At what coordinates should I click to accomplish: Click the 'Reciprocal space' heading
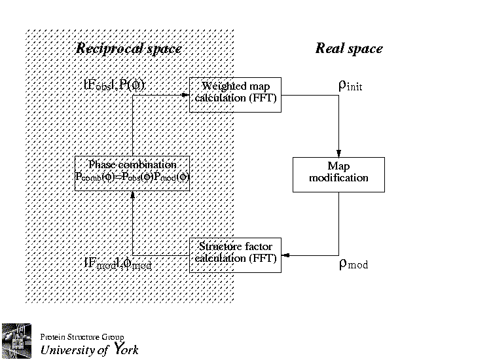pyautogui.click(x=128, y=48)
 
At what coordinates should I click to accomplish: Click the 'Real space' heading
pyautogui.click(x=349, y=48)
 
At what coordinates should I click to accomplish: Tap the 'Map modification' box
pyautogui.click(x=338, y=173)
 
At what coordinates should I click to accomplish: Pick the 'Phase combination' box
pyautogui.click(x=132, y=173)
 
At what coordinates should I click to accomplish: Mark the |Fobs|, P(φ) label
pyautogui.click(x=114, y=84)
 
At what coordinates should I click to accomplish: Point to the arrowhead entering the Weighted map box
pyautogui.click(x=185, y=94)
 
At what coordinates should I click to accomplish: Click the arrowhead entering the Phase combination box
pyautogui.click(x=133, y=194)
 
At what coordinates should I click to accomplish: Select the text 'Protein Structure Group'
pyautogui.click(x=82, y=337)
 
